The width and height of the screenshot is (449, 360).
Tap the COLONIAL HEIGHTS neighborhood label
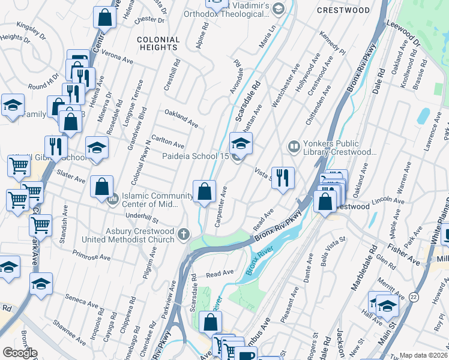(x=158, y=43)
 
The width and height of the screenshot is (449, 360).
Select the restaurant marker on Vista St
(x=283, y=178)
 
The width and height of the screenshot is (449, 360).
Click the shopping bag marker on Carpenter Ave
(x=205, y=192)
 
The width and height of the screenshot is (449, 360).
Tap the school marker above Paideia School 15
(x=241, y=143)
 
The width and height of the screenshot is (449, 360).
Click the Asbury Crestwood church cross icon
(x=183, y=235)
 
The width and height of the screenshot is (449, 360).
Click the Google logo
(x=19, y=352)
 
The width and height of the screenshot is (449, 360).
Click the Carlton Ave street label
(x=168, y=144)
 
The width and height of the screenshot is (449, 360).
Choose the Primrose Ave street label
(x=91, y=257)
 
